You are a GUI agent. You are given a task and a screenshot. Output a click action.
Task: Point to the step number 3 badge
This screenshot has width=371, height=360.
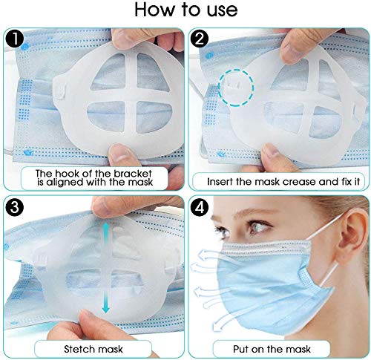15,206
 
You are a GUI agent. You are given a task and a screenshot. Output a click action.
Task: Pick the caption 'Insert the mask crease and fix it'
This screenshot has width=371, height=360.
276,180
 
